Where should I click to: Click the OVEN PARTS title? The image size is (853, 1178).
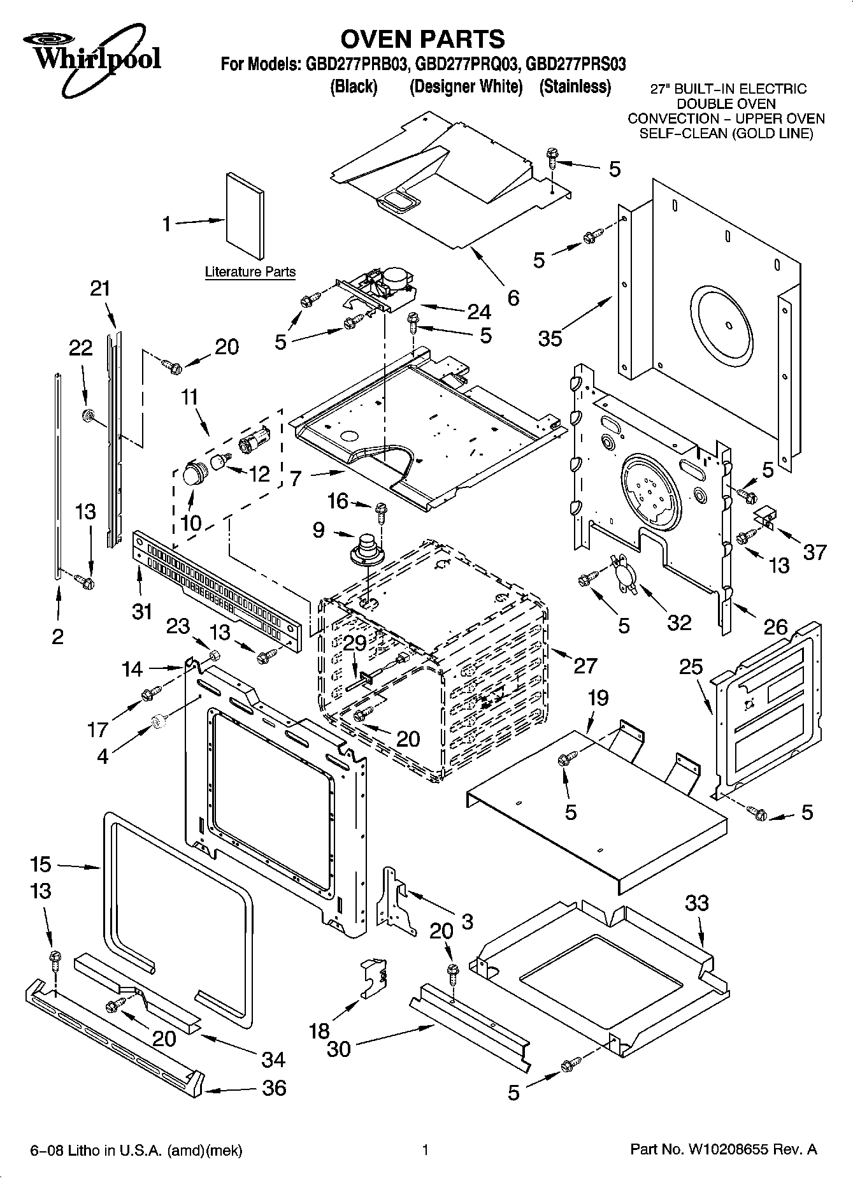tap(422, 40)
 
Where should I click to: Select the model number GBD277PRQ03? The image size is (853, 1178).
tap(466, 64)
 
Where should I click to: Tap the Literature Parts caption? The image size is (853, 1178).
tap(250, 272)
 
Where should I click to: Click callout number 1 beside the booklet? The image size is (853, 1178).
tap(167, 224)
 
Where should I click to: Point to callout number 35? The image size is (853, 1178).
tap(550, 338)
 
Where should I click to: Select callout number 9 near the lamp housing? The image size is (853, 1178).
tap(319, 530)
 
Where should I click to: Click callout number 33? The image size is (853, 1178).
tap(697, 903)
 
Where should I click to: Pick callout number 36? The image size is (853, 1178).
tap(275, 1088)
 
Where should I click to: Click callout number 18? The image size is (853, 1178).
tap(319, 1030)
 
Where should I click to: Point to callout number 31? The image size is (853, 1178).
tap(142, 611)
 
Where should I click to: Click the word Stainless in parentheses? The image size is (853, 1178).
tap(575, 87)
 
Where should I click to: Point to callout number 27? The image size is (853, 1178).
tap(585, 665)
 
